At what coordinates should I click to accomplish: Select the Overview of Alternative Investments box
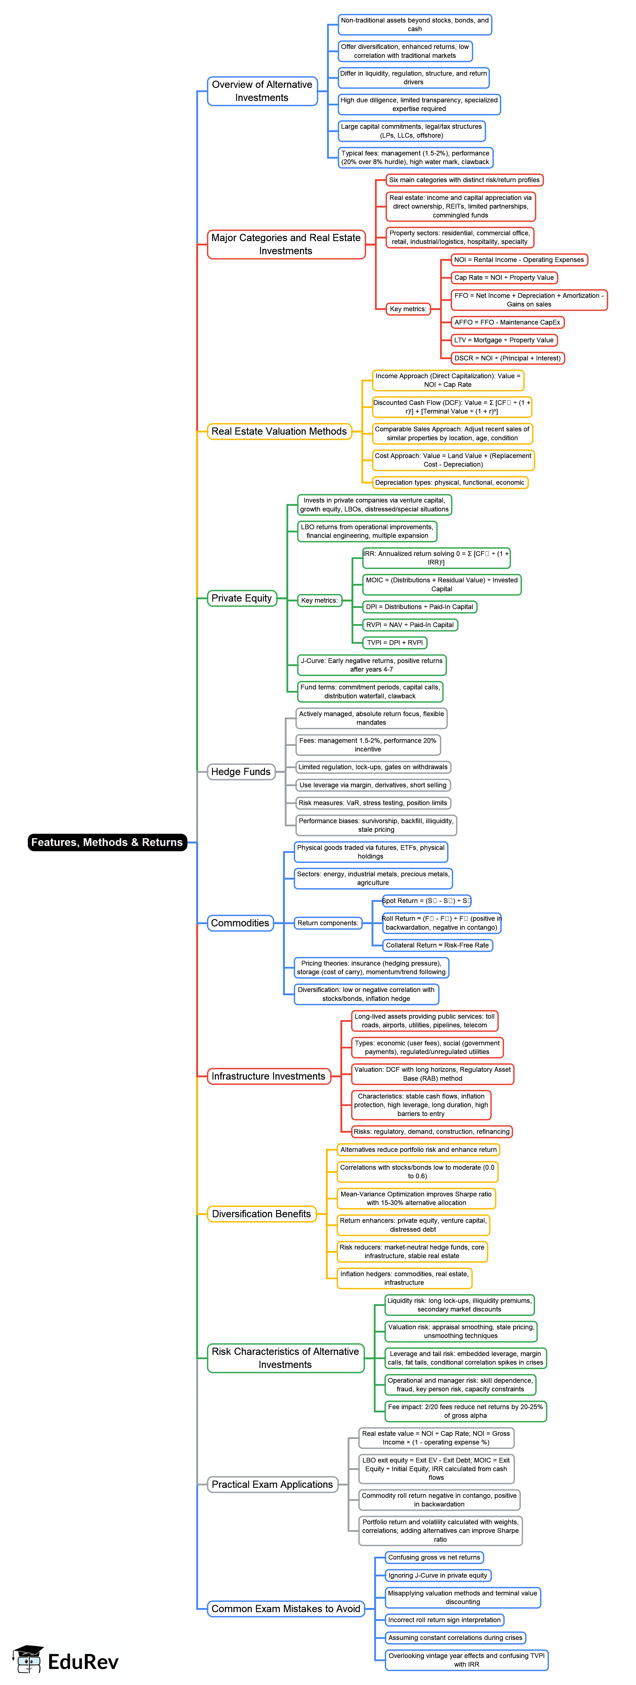(262, 91)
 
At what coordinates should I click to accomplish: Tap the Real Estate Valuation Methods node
(279, 431)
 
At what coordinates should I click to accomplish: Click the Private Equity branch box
(241, 598)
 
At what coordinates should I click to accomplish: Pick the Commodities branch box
(240, 923)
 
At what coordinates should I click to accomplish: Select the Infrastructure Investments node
(268, 1076)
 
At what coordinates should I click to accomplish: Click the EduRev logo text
(83, 1661)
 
